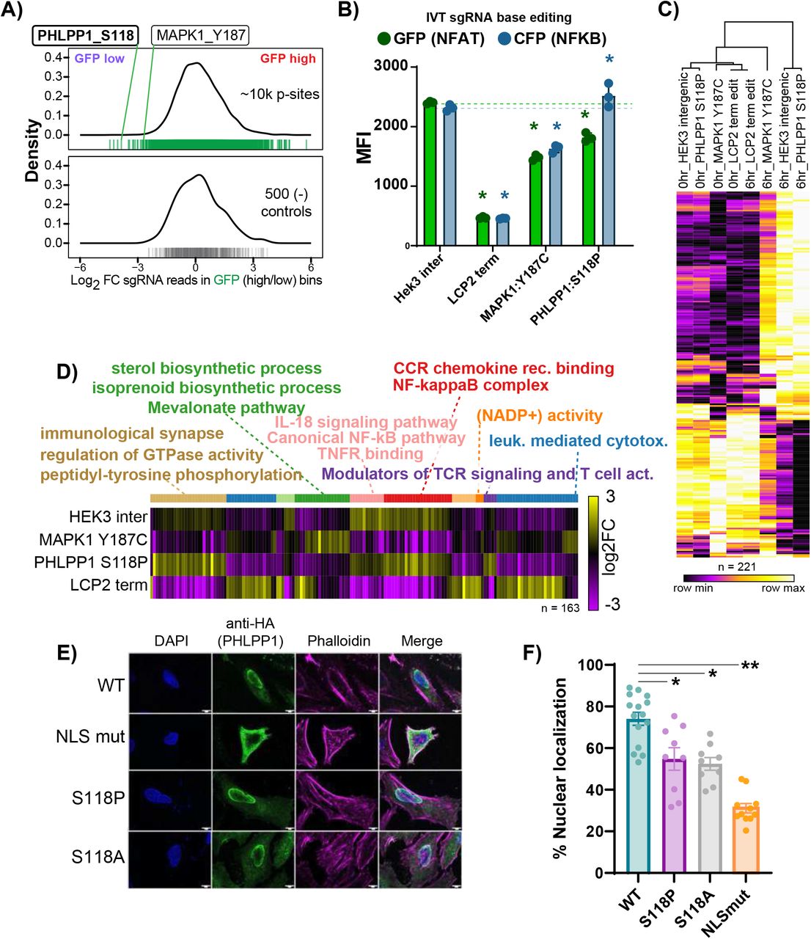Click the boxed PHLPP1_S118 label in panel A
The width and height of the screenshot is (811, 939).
85,35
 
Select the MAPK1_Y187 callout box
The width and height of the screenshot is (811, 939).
200,35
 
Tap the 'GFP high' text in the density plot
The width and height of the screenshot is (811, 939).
288,58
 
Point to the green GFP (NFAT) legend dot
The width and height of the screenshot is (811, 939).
384,39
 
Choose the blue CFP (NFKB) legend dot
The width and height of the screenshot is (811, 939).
504,39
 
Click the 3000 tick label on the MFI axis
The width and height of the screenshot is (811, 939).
391,66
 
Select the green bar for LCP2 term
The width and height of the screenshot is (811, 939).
482,231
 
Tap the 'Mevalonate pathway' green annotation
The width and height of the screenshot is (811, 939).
227,407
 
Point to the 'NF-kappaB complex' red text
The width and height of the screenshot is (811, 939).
470,385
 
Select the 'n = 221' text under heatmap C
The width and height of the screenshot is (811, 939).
735,566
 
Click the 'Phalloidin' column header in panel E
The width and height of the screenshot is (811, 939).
338,640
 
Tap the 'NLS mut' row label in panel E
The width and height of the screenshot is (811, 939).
91,736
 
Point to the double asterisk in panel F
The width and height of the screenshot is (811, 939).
749,666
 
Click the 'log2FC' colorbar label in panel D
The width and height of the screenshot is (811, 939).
608,547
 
